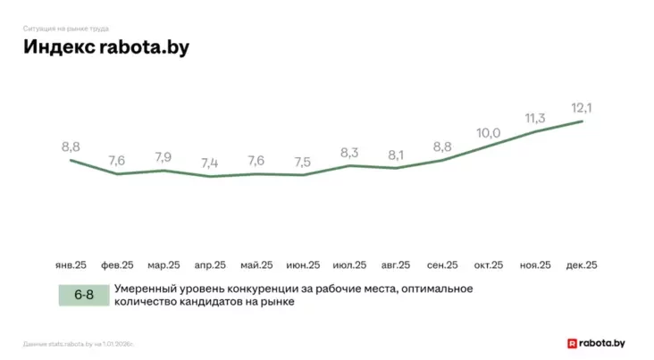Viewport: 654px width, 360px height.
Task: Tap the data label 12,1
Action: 583,108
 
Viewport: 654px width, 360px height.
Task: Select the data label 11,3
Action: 535,118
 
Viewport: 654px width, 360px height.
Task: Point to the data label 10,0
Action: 488,133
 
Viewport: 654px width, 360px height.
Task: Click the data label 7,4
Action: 210,163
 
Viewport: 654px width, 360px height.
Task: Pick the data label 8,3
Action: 350,153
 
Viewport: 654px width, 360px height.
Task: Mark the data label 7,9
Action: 163,158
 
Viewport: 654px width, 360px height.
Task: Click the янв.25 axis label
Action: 71,265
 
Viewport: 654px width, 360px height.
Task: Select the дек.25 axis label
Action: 582,265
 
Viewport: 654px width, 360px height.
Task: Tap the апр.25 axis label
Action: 210,265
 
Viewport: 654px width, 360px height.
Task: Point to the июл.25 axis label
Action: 349,265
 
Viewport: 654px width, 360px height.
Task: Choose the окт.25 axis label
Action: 489,265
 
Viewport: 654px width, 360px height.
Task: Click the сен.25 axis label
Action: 442,265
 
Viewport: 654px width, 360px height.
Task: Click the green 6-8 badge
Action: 83,295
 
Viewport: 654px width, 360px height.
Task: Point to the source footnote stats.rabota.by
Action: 81,342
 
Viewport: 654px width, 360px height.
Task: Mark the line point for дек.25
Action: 583,121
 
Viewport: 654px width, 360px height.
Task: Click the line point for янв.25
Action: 71,160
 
